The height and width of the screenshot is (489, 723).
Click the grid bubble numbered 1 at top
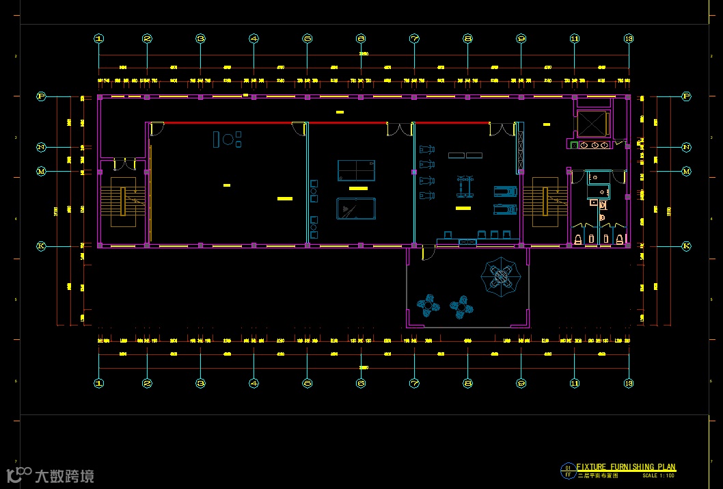click(99, 39)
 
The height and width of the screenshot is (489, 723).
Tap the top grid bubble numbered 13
click(629, 39)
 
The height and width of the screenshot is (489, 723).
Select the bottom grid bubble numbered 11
click(575, 384)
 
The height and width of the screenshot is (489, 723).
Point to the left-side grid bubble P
click(41, 97)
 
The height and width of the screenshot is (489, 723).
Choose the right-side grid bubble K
click(686, 246)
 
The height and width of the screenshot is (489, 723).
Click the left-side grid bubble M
click(41, 171)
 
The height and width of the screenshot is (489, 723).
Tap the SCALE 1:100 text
click(658, 475)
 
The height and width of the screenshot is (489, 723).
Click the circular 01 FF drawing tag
click(567, 471)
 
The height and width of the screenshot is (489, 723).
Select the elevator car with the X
click(592, 123)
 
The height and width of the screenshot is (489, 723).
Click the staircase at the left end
click(123, 201)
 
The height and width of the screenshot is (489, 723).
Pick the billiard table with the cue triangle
click(355, 208)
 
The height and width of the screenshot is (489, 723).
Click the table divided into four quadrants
click(356, 170)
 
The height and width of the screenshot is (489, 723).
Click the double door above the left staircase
click(124, 164)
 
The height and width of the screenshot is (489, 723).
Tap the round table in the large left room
click(227, 140)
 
